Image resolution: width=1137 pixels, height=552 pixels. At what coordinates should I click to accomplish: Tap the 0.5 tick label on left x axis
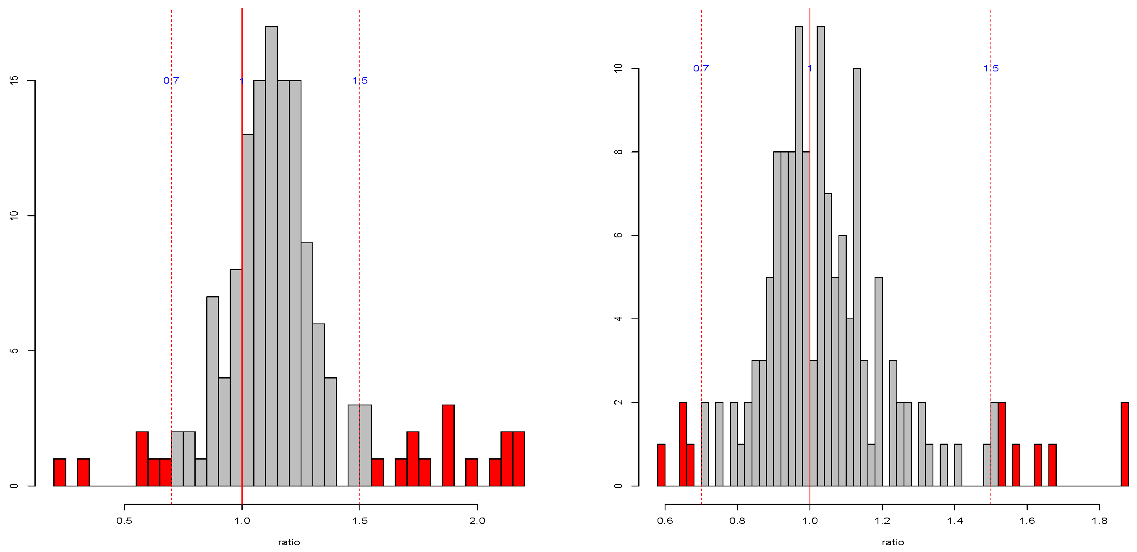[x=124, y=521]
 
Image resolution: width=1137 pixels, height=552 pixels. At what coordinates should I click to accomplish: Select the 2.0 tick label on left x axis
[x=477, y=521]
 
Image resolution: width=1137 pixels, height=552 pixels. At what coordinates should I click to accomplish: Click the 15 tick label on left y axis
[x=14, y=80]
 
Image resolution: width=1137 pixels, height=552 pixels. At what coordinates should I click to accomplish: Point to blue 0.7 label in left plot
[x=171, y=80]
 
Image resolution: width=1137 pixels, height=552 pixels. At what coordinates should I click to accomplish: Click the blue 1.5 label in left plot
[x=360, y=80]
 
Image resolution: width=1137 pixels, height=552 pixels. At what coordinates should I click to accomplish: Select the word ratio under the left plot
[x=289, y=542]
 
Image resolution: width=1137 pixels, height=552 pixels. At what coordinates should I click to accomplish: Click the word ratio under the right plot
[x=893, y=542]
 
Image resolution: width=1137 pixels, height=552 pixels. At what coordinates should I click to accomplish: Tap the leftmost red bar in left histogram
[x=60, y=472]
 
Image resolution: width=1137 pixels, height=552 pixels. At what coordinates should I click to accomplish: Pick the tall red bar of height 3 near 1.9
[x=448, y=445]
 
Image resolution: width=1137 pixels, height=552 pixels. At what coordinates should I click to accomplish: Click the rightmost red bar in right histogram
[x=1125, y=444]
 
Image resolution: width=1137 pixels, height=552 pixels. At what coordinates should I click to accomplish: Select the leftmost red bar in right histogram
[x=661, y=465]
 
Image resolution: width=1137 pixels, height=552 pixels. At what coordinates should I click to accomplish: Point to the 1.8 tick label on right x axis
[x=1100, y=521]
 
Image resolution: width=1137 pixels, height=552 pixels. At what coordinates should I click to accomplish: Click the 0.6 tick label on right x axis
[x=665, y=521]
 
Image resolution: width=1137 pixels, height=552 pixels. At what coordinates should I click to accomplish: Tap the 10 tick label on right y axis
[x=618, y=68]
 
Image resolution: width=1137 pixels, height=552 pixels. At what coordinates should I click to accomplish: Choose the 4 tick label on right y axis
[x=618, y=319]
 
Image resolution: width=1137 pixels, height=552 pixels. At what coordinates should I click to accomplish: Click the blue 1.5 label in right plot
[x=991, y=68]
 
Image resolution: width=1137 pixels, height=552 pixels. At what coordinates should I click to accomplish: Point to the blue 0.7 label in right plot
[x=701, y=68]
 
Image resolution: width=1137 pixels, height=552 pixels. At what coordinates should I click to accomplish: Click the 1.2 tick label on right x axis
[x=882, y=521]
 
